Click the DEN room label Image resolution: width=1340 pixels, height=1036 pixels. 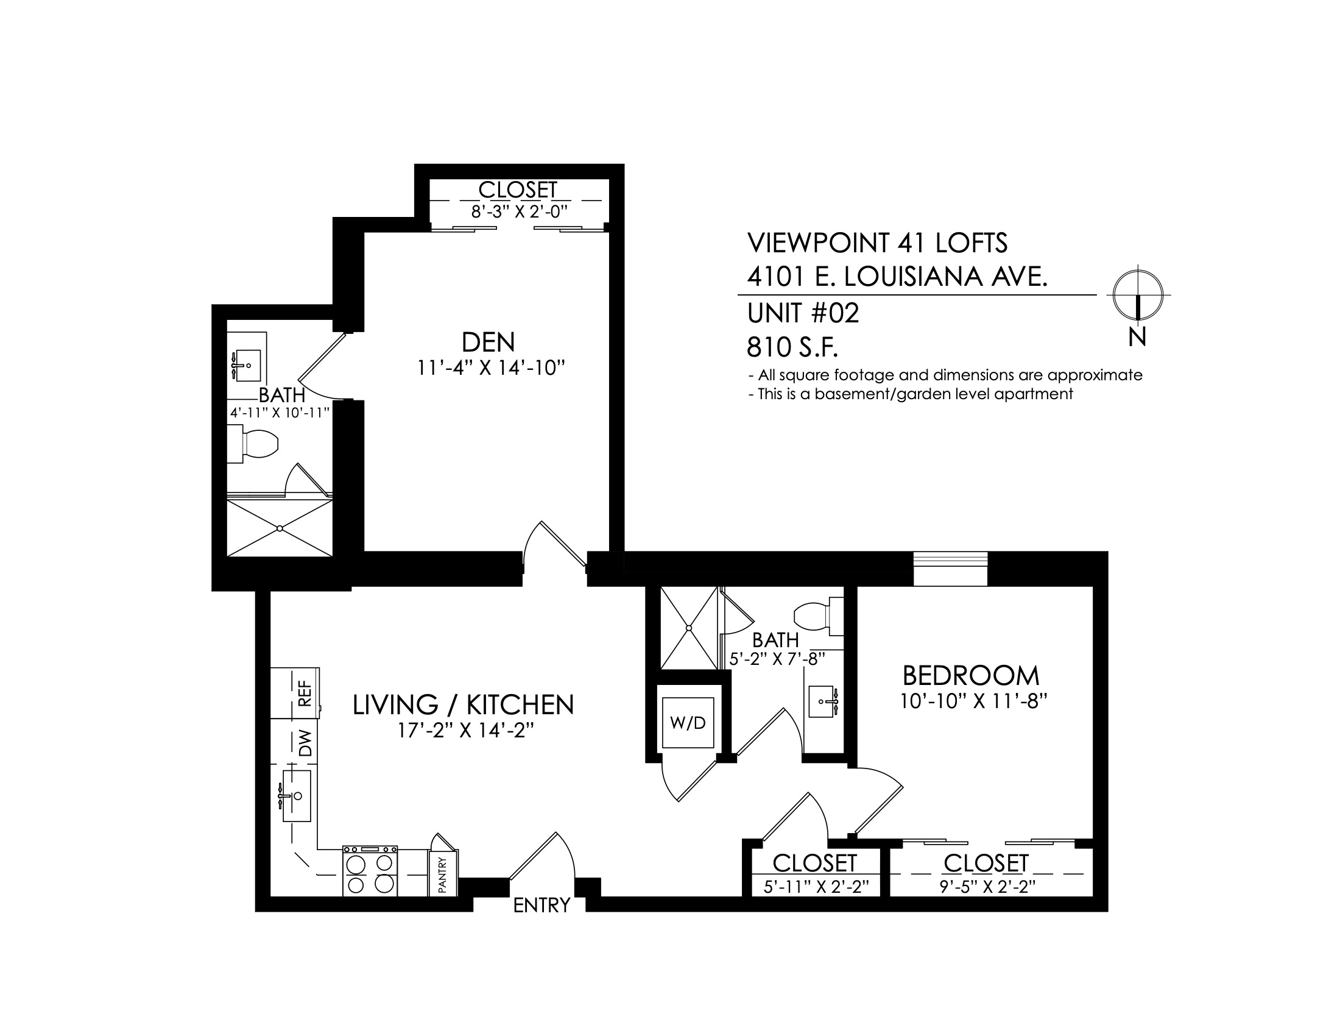488,342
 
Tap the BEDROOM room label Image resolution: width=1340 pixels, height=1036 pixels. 972,676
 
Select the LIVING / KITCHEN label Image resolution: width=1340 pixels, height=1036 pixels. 464,705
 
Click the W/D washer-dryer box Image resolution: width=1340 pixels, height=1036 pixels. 688,723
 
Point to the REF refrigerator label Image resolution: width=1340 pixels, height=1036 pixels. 305,694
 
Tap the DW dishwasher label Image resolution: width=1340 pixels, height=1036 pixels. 305,743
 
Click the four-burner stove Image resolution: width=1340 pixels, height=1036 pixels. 370,871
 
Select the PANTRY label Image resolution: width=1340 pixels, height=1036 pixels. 443,875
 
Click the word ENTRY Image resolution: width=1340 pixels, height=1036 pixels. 541,905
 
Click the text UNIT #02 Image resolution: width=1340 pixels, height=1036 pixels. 803,314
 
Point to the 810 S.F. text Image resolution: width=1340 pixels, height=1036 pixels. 792,348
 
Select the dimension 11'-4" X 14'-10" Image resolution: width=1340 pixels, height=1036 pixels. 491,368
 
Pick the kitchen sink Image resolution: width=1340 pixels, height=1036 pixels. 297,796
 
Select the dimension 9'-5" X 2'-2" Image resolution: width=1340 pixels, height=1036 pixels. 988,887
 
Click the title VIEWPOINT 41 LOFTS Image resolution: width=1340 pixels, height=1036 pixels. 877,244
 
